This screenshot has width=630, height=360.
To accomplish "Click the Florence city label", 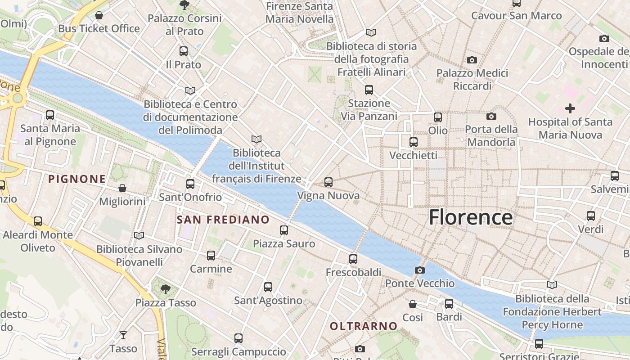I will click(x=470, y=217).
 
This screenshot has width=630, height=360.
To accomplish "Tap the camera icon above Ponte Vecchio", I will click(x=419, y=270).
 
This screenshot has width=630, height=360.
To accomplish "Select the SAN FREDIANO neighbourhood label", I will click(x=223, y=220).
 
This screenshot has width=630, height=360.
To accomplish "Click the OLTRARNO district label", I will click(x=364, y=326).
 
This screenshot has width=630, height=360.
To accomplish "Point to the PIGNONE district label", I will click(x=77, y=179).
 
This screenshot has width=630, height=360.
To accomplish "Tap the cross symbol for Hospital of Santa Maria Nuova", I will click(x=570, y=108).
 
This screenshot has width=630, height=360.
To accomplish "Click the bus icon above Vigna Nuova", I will click(x=328, y=182).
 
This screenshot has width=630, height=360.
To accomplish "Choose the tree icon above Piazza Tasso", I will click(x=166, y=289).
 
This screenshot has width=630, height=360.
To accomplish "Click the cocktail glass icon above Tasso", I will click(x=123, y=335).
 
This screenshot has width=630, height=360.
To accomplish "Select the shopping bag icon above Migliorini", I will click(x=122, y=188).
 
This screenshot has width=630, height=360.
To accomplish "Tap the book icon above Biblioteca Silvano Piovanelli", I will click(x=139, y=235).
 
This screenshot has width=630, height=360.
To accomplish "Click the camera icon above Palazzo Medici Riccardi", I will click(x=472, y=60).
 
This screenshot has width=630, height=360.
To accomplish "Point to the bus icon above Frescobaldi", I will click(x=353, y=259).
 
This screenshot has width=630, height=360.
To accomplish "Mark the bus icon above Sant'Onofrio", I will click(x=190, y=184).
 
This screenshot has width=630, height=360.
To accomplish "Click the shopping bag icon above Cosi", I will click(x=412, y=304).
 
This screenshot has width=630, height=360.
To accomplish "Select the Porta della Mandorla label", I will click(x=490, y=136).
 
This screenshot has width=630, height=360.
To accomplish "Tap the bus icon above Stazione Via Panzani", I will click(x=369, y=90).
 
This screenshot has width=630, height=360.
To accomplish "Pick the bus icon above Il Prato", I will click(x=183, y=51).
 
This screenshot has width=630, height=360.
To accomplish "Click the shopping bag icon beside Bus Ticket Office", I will click(x=99, y=16).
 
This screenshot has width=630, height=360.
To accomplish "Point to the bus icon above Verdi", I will click(x=591, y=216).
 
